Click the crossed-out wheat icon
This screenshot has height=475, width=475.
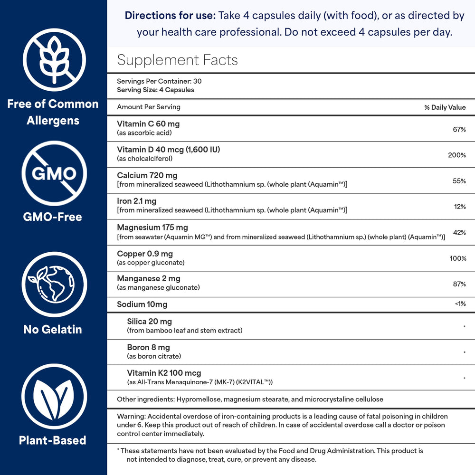pos(54,60)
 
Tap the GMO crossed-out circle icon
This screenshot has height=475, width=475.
pos(54,173)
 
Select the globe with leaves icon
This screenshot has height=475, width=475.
pos(54,284)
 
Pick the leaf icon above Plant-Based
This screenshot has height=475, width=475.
pos(54,396)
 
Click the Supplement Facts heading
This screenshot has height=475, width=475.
pos(177,60)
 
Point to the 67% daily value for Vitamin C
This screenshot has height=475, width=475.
pos(459,129)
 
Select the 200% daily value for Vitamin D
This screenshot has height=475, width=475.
pos(456,155)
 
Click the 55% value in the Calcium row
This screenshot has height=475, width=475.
pos(459,181)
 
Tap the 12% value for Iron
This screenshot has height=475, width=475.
pos(459,207)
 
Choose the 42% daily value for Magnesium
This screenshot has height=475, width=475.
pos(459,232)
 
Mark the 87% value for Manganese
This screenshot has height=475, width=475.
pos(459,284)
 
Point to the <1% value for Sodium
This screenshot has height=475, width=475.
pos(460,304)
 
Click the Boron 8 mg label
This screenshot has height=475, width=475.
pos(148,347)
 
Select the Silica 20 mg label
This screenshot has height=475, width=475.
pos(149,322)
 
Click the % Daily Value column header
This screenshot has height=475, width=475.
pos(445,107)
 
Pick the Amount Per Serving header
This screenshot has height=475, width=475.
pos(149,107)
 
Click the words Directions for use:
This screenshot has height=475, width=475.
pos(170,16)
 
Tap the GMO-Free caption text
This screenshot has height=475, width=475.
pos(52,217)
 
